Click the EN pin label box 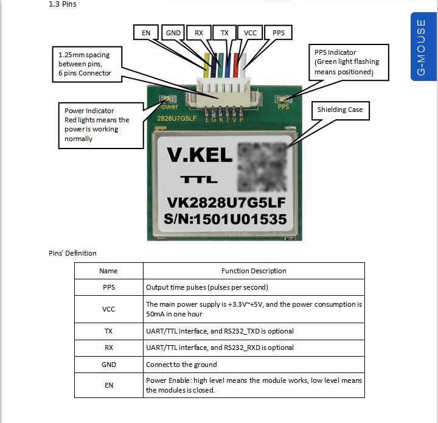click(146, 32)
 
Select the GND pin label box click(173, 32)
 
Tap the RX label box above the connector click(199, 32)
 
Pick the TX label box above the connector click(225, 32)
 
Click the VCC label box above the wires click(250, 32)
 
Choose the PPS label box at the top click(278, 32)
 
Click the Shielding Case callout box click(339, 110)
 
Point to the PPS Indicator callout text click(348, 62)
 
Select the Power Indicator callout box click(98, 125)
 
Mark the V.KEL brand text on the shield click(200, 155)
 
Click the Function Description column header click(254, 271)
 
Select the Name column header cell click(109, 271)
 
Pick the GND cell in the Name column click(109, 365)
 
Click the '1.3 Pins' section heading click(63, 5)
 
